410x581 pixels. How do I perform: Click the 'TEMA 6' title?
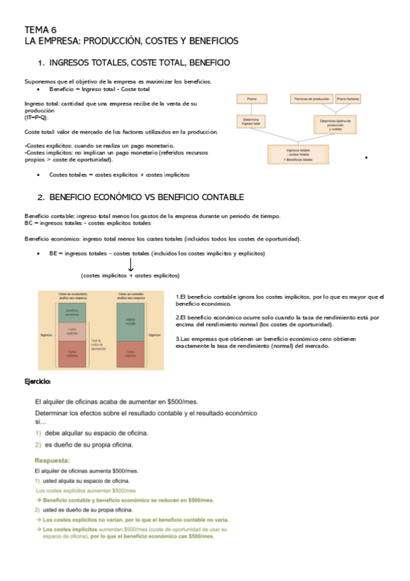[41, 29]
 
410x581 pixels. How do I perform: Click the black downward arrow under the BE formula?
[130, 264]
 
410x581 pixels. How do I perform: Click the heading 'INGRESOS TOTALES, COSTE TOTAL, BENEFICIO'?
[140, 63]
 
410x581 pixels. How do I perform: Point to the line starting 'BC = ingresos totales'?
[88, 223]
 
